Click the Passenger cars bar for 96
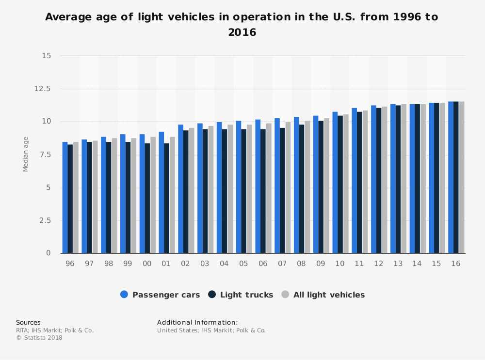(65, 198)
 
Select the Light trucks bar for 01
(167, 198)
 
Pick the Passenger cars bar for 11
(354, 181)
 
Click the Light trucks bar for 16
(456, 177)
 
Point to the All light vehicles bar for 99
(133, 196)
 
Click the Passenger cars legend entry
(160, 295)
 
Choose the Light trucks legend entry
(241, 295)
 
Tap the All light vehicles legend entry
(323, 295)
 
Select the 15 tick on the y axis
(47, 56)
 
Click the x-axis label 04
(224, 263)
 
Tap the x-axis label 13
(398, 263)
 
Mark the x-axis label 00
(147, 263)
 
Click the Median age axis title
(26, 155)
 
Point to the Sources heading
(28, 322)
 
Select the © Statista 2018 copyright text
(39, 338)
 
